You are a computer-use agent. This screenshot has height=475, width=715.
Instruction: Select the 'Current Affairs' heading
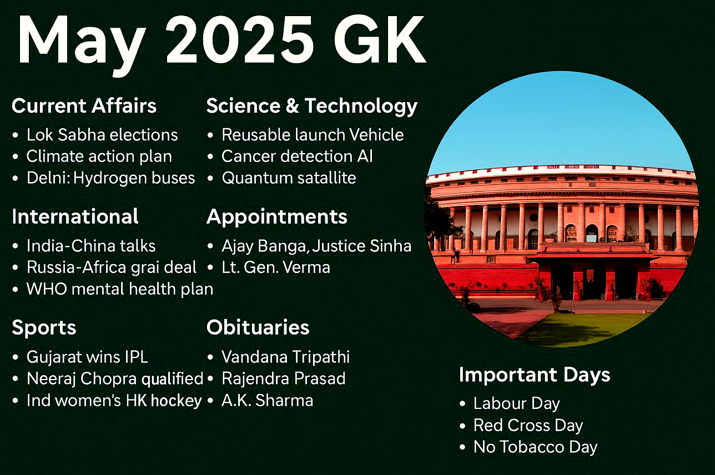pyautogui.click(x=84, y=105)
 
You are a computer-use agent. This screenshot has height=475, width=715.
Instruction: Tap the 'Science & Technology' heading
pyautogui.click(x=312, y=107)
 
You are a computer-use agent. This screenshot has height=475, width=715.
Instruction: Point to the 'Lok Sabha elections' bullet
pyautogui.click(x=102, y=135)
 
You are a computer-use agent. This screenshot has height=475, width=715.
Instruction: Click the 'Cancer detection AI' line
pyautogui.click(x=297, y=156)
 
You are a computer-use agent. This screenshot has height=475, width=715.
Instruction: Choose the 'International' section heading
pyautogui.click(x=75, y=216)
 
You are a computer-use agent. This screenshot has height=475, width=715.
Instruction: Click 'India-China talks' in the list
pyautogui.click(x=91, y=246)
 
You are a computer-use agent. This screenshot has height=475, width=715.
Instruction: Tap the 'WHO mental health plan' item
pyautogui.click(x=120, y=289)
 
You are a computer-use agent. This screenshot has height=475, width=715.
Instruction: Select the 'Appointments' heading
pyautogui.click(x=277, y=218)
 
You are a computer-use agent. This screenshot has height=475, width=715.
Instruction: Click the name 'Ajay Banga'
pyautogui.click(x=265, y=246)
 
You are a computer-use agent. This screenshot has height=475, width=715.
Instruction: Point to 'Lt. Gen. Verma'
pyautogui.click(x=276, y=267)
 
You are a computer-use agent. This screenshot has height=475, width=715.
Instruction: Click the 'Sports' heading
pyautogui.click(x=44, y=328)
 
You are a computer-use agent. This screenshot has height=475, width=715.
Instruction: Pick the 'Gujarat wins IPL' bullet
pyautogui.click(x=87, y=357)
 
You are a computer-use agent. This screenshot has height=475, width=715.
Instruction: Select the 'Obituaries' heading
pyautogui.click(x=258, y=327)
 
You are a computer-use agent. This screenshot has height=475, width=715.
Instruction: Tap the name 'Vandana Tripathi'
pyautogui.click(x=286, y=357)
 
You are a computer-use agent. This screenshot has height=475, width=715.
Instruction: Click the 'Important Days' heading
pyautogui.click(x=535, y=375)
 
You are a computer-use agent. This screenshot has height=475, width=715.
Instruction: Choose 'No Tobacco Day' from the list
pyautogui.click(x=535, y=447)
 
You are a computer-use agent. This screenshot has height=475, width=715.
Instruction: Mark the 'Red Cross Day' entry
pyautogui.click(x=528, y=425)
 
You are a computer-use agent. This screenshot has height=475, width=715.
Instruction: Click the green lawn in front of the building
pyautogui.click(x=584, y=327)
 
